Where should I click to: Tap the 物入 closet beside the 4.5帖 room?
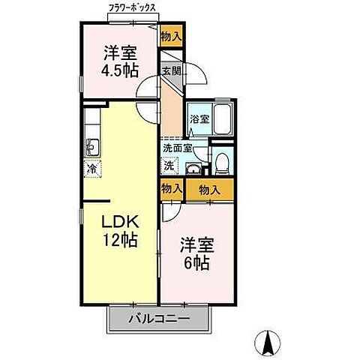coord(172,36)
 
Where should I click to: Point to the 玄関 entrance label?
coord(171,73)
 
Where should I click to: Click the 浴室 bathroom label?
coord(199,118)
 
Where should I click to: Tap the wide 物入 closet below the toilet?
coord(210,190)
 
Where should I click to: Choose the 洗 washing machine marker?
coord(169,164)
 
